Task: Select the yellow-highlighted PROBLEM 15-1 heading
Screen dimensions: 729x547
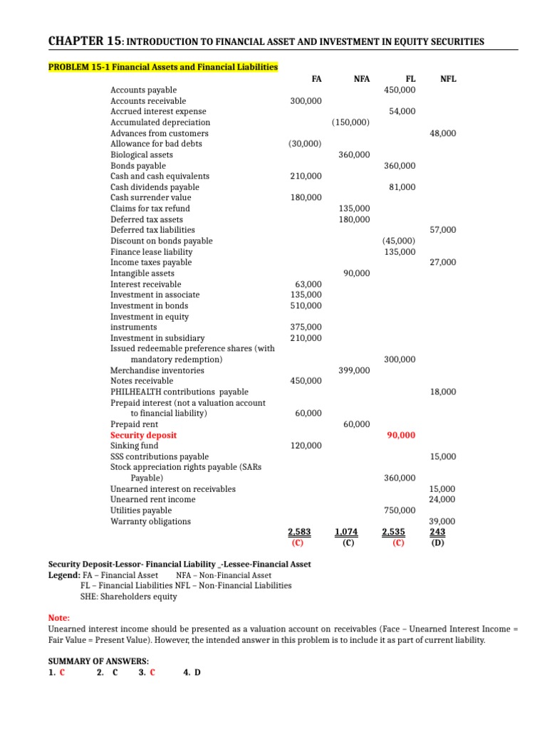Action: [163, 68]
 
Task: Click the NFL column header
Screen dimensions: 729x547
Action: [448, 79]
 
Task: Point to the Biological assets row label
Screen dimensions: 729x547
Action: [141, 154]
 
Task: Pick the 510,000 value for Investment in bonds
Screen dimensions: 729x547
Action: [306, 305]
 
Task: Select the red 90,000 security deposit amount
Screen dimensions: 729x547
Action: [400, 435]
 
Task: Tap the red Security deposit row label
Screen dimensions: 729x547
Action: [143, 435]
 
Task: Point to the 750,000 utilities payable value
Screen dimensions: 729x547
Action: [400, 510]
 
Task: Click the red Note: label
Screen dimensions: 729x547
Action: [58, 619]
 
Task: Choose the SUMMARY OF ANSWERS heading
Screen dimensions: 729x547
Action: [98, 661]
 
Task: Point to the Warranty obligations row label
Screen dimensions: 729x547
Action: [150, 521]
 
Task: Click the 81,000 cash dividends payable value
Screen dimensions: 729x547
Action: [402, 187]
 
